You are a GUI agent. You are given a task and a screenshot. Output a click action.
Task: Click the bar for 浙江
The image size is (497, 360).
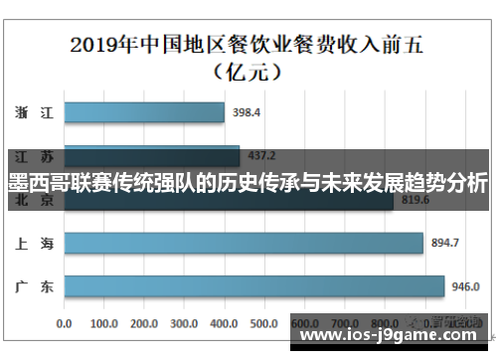[x=144, y=112]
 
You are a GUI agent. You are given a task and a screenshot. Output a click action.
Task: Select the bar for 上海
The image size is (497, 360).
[x=244, y=243]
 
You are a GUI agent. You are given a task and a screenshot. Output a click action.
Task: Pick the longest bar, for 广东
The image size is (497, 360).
[x=253, y=286]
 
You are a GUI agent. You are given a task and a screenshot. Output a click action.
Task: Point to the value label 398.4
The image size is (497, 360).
[x=246, y=112]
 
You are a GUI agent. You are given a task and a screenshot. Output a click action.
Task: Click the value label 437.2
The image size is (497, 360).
[x=261, y=156]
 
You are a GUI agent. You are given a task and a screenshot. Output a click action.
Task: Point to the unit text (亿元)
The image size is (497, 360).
[x=248, y=73]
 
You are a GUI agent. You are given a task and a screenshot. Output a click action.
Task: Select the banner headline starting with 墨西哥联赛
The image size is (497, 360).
[x=248, y=184]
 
